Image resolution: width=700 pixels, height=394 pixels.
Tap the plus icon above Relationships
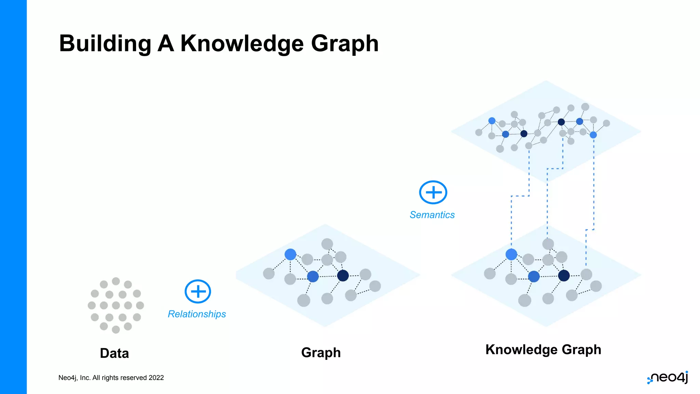[198, 291]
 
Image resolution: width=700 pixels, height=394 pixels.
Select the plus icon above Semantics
[433, 192]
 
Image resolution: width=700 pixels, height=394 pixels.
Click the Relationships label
[197, 314]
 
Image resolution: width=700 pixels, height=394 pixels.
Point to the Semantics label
[432, 215]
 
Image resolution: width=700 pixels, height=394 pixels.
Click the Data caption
[114, 353]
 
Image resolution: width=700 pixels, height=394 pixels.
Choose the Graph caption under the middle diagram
[321, 353]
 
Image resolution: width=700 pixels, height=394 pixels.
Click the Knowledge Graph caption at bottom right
[543, 350]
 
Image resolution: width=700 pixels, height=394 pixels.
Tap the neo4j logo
[668, 378]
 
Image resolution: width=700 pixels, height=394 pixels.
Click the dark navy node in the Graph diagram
[343, 275]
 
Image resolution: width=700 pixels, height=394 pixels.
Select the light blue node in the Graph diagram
[290, 254]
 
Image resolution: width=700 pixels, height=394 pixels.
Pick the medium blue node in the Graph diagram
[313, 276]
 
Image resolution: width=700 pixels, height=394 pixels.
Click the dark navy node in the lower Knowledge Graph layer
[564, 275]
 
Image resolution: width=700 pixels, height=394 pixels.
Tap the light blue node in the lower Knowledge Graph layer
[511, 254]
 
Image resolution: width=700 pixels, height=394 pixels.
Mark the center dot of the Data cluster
[116, 305]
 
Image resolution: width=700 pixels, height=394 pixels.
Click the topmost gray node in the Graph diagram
[327, 244]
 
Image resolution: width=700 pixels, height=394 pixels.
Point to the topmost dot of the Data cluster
[116, 281]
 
